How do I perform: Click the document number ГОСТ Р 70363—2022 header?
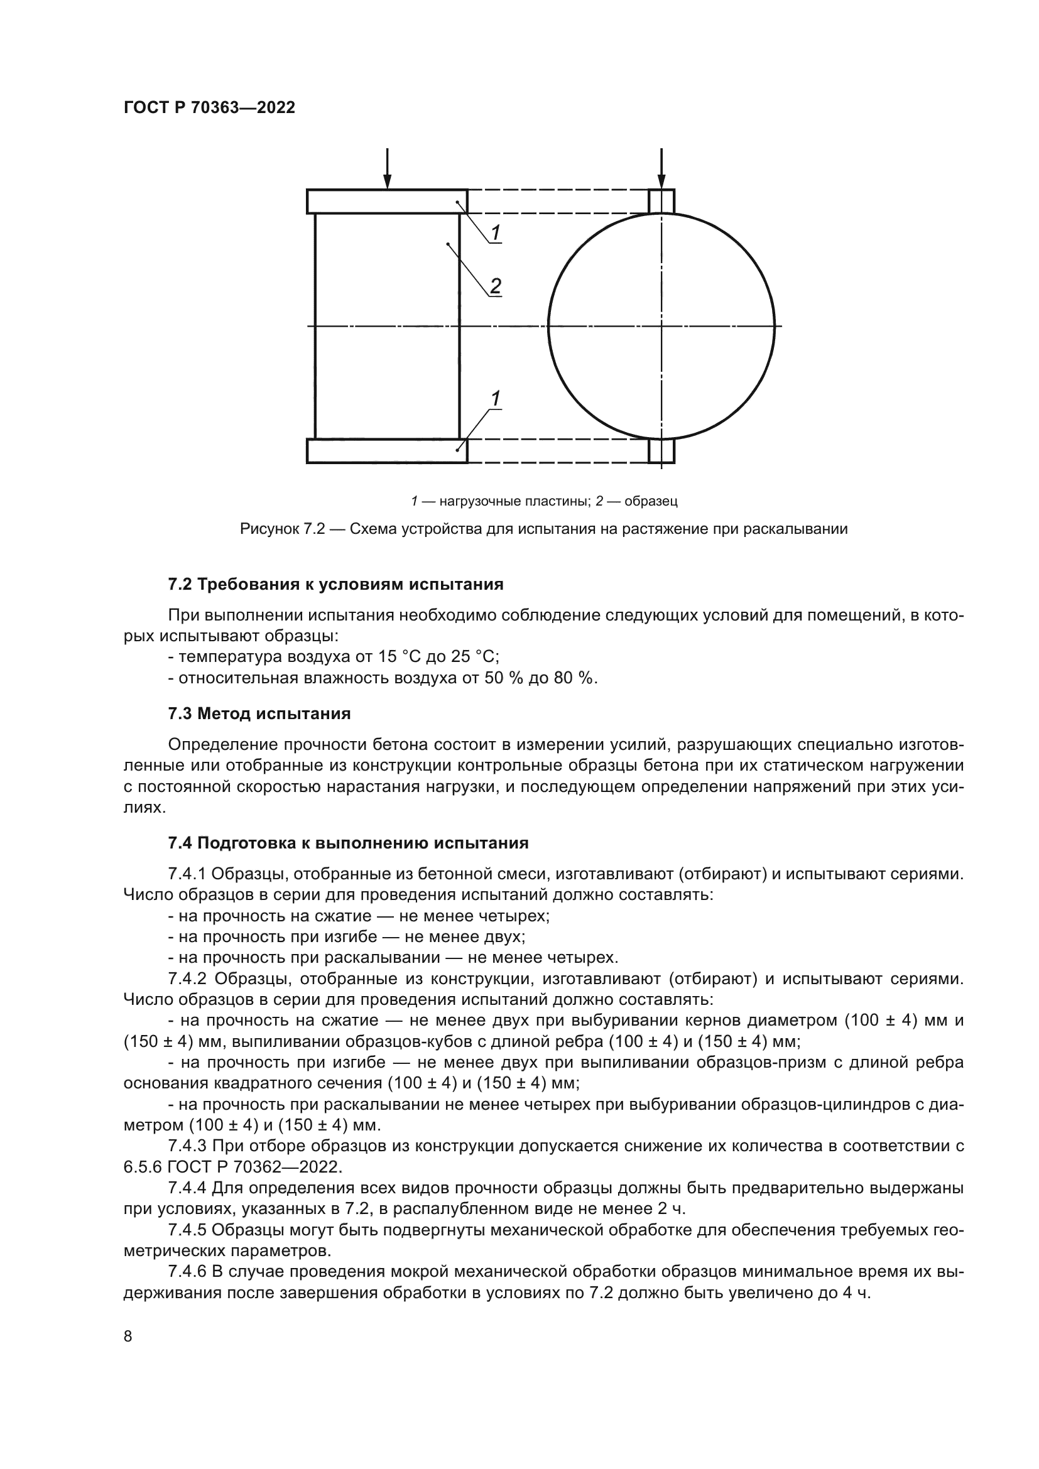(x=209, y=107)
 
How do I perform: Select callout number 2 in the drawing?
(x=495, y=285)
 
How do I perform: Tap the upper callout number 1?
(x=496, y=232)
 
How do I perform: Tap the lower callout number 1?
(x=495, y=399)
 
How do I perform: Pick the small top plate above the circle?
(x=661, y=201)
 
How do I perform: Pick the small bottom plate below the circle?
(x=661, y=450)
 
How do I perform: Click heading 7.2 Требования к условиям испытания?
(x=335, y=584)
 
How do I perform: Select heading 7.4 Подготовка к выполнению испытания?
(x=348, y=843)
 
